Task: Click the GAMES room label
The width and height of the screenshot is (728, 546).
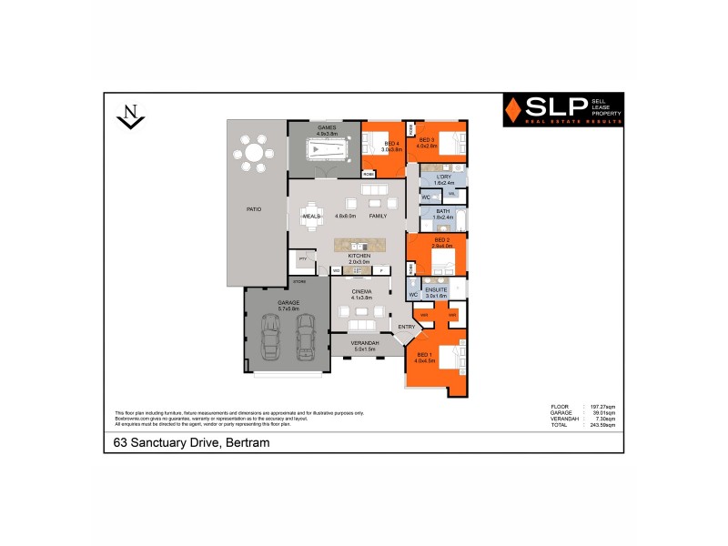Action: pyautogui.click(x=327, y=128)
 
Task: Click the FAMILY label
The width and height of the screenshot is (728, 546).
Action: pyautogui.click(x=378, y=216)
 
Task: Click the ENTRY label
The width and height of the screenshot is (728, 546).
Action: pyautogui.click(x=406, y=327)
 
